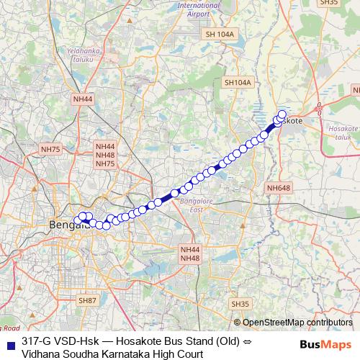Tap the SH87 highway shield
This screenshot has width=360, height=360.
87,300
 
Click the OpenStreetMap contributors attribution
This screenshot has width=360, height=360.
293,322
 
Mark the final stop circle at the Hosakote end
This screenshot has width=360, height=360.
282,114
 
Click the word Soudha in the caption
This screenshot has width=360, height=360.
83,354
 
